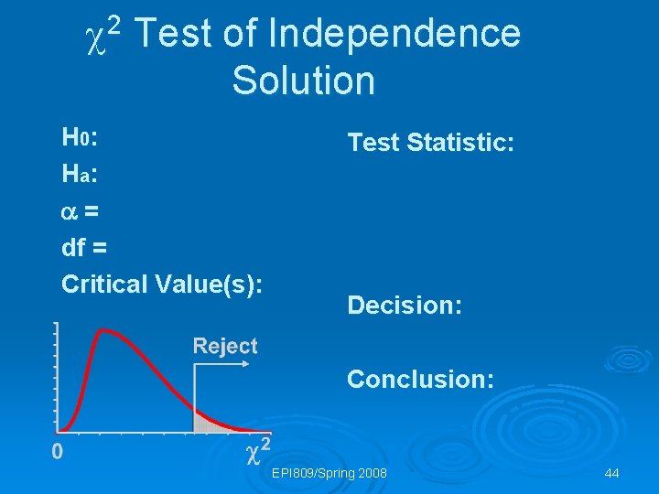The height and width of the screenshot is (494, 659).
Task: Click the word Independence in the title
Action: [394, 35]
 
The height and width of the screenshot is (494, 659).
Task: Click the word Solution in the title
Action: [303, 81]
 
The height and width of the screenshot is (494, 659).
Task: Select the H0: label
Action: [80, 138]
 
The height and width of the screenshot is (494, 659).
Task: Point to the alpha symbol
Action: [69, 211]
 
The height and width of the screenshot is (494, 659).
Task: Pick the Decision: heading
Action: [405, 306]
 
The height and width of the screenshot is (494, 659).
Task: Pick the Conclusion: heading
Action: [420, 379]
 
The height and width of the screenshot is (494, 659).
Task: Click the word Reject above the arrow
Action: [225, 346]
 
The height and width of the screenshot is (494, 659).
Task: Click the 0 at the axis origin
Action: [57, 451]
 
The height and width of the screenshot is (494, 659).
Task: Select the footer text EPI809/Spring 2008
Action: [329, 473]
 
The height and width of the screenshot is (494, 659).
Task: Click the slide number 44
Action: [612, 473]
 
